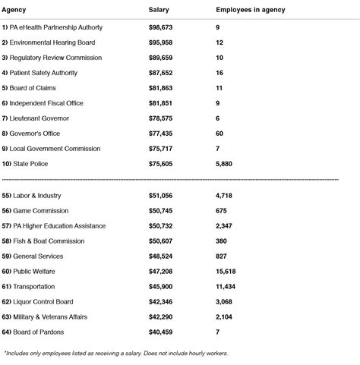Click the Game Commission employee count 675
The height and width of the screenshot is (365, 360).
[223, 210]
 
